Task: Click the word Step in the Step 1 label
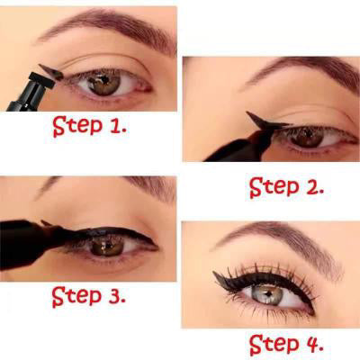click(x=77, y=126)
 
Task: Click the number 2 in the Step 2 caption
click(x=311, y=186)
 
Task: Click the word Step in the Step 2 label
click(x=274, y=187)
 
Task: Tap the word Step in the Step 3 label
click(x=76, y=296)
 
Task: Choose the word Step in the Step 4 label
click(x=274, y=345)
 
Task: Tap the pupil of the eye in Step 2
click(x=307, y=135)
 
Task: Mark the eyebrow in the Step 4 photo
click(x=279, y=238)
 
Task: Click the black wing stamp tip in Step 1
click(x=51, y=72)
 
